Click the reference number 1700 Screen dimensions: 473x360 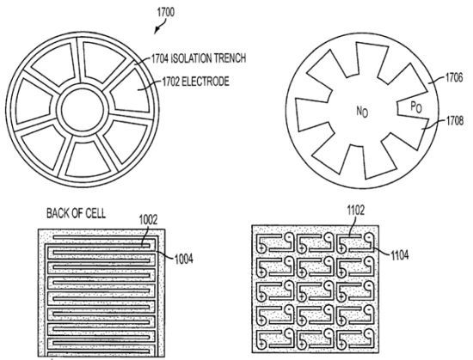(x=166, y=12)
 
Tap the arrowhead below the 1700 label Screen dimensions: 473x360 (x=157, y=30)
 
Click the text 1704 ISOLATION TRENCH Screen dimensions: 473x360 (x=199, y=58)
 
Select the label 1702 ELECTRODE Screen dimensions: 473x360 (x=195, y=82)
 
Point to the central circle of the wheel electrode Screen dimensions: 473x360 (x=82, y=109)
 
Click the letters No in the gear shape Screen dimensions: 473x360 (x=362, y=112)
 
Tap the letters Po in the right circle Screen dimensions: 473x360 (x=416, y=107)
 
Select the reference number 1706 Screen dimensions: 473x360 (x=454, y=77)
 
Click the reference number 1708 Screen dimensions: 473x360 (x=455, y=121)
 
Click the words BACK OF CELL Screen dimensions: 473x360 (x=76, y=213)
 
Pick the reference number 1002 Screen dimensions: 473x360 (x=148, y=220)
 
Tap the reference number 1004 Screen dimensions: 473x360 (x=184, y=259)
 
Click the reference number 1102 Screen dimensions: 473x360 (x=355, y=211)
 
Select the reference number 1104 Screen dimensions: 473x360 (x=399, y=255)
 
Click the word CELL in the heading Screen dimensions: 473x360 (x=95, y=213)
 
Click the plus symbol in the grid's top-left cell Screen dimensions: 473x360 (x=261, y=248)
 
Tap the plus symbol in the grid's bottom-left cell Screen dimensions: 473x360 (x=261, y=344)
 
